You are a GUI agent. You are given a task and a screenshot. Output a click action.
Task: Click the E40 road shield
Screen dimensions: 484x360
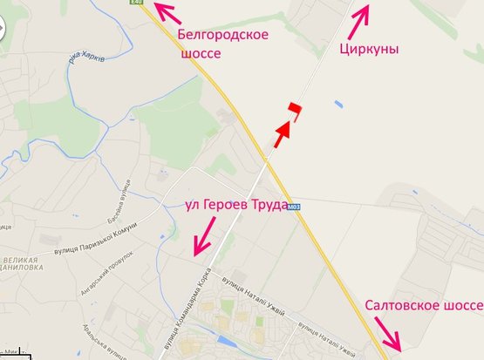click(x=135, y=3)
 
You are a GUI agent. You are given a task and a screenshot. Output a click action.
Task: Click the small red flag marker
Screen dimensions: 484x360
click(x=295, y=109)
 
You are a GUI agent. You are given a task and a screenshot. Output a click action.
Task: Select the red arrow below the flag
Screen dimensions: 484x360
click(x=280, y=134)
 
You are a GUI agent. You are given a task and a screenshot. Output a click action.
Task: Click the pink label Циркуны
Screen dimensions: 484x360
click(x=369, y=49)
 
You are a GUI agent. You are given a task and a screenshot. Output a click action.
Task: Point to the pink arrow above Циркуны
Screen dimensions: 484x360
click(x=361, y=13)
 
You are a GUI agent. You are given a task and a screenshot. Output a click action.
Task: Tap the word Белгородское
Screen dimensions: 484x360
click(x=218, y=36)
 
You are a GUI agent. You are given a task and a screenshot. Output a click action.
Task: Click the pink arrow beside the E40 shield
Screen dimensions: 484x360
click(x=167, y=12)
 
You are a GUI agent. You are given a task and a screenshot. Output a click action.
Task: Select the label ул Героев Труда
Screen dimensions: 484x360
click(x=237, y=205)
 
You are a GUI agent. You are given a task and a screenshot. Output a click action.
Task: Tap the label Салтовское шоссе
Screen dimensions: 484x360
click(x=424, y=305)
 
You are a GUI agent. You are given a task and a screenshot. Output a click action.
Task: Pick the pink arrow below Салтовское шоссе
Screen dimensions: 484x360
click(x=385, y=336)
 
